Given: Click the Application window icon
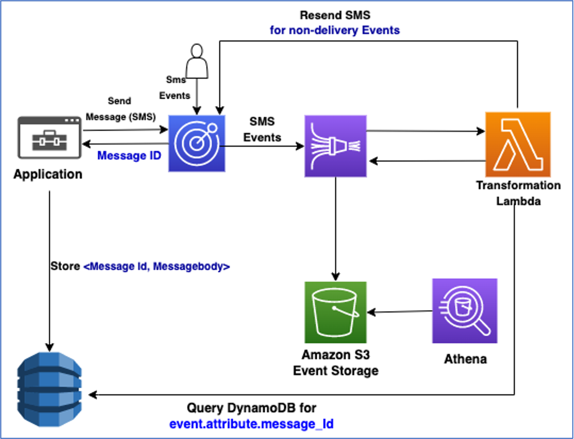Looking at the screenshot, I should point(48,137).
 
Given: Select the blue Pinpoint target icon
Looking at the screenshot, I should point(197,144).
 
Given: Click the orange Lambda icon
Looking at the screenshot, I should point(518,144).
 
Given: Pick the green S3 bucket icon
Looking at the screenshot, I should point(335,311).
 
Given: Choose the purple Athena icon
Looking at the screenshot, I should point(464,311).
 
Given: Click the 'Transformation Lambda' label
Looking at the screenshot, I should point(518,193).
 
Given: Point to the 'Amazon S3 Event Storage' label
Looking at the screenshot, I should point(335,363).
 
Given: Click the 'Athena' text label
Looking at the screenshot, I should point(466,359).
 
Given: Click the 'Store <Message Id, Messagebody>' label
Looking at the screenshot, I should point(140,266).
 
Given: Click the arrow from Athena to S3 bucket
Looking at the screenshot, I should point(399,312).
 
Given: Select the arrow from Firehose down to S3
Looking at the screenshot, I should point(335,228).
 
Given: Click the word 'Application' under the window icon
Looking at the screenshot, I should point(48,174).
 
